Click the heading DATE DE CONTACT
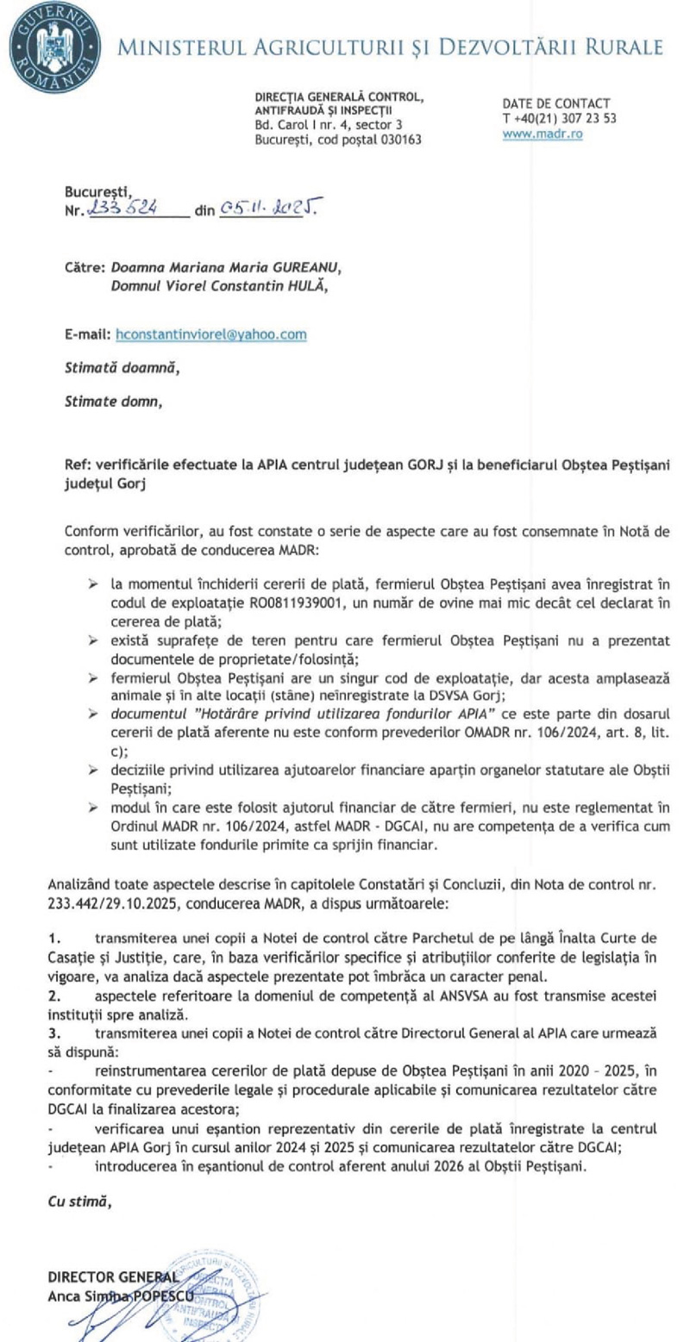(x=555, y=103)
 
